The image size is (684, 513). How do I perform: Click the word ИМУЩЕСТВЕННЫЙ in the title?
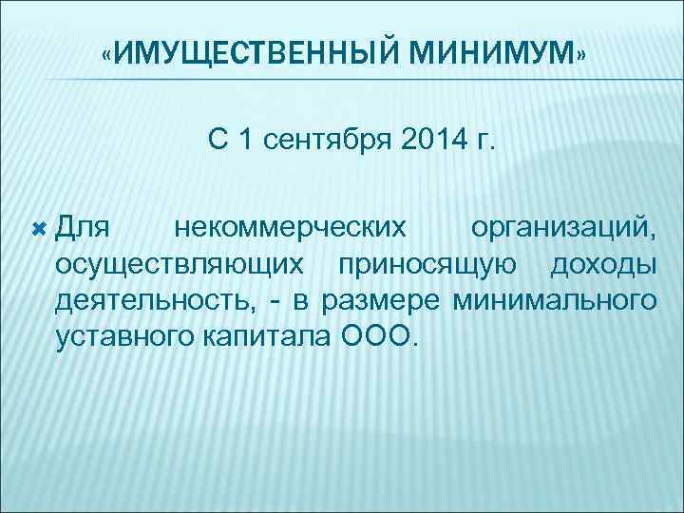pyautogui.click(x=257, y=51)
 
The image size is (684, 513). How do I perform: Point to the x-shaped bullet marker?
pyautogui.click(x=39, y=229)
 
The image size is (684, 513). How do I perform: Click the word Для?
pyautogui.click(x=84, y=229)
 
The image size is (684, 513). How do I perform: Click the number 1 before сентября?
pyautogui.click(x=247, y=142)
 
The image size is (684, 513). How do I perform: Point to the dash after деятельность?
pyautogui.click(x=275, y=302)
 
